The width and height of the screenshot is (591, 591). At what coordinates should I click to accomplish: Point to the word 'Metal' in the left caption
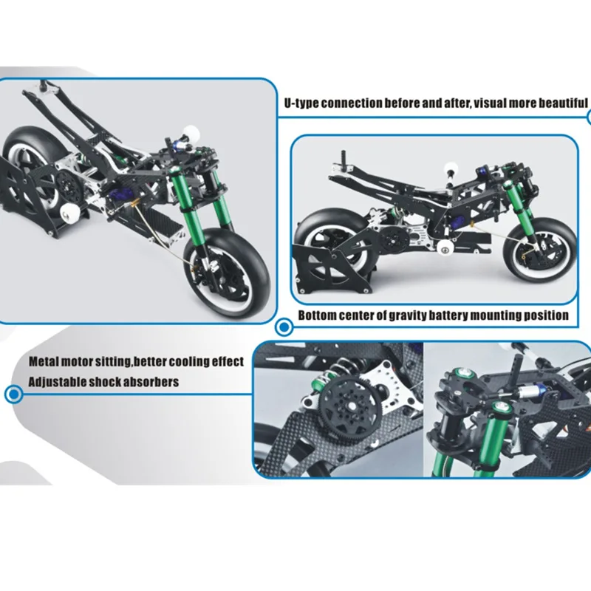[45, 362]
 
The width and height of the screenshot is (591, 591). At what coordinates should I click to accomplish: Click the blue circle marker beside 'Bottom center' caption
[283, 326]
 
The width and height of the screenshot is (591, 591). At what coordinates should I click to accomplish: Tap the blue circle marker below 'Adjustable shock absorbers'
[11, 394]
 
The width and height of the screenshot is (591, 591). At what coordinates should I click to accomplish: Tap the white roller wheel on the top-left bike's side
[72, 214]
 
